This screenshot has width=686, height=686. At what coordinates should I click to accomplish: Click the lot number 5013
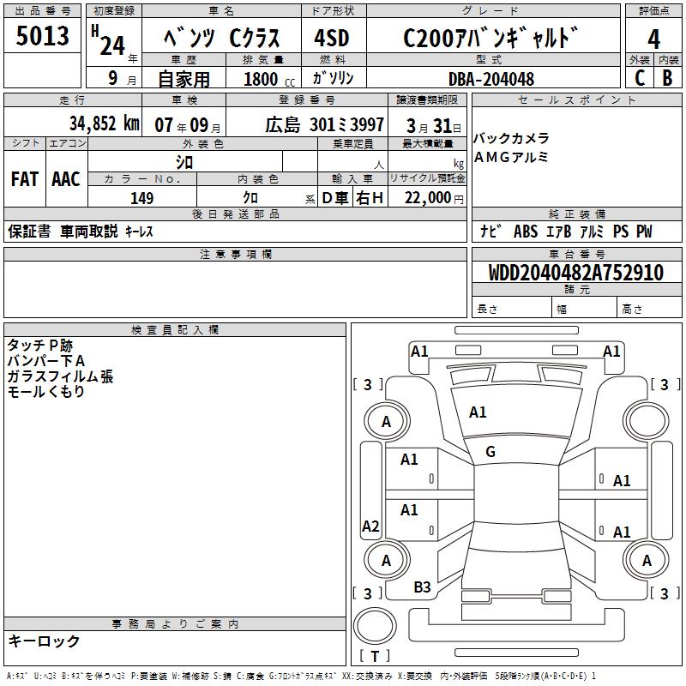[x=43, y=37]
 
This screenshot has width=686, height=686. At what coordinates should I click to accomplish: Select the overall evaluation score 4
[x=653, y=39]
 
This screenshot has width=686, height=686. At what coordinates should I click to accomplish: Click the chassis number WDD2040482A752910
[x=575, y=273]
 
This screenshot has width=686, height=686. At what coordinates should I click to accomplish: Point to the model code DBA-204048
[x=491, y=79]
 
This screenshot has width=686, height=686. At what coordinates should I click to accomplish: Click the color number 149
[x=141, y=198]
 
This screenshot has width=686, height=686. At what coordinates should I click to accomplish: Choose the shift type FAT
[x=24, y=179]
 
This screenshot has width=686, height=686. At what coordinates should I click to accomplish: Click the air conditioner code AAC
[x=65, y=179]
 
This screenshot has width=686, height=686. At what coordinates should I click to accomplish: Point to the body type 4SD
[x=331, y=39]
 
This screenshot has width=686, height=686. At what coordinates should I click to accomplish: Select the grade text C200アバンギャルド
[x=486, y=39]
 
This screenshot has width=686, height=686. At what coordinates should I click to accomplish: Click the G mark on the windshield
[x=490, y=452]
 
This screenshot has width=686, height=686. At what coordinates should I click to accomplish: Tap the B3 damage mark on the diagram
[x=422, y=587]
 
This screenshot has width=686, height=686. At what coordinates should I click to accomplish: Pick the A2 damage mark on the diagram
[x=370, y=527]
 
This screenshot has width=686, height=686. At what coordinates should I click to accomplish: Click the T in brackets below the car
[x=375, y=657]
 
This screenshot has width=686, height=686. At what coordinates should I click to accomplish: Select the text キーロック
[x=44, y=641]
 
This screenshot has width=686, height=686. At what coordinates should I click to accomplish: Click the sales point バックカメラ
[x=511, y=139]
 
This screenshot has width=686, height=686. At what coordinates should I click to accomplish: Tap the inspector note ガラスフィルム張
[x=60, y=376]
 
